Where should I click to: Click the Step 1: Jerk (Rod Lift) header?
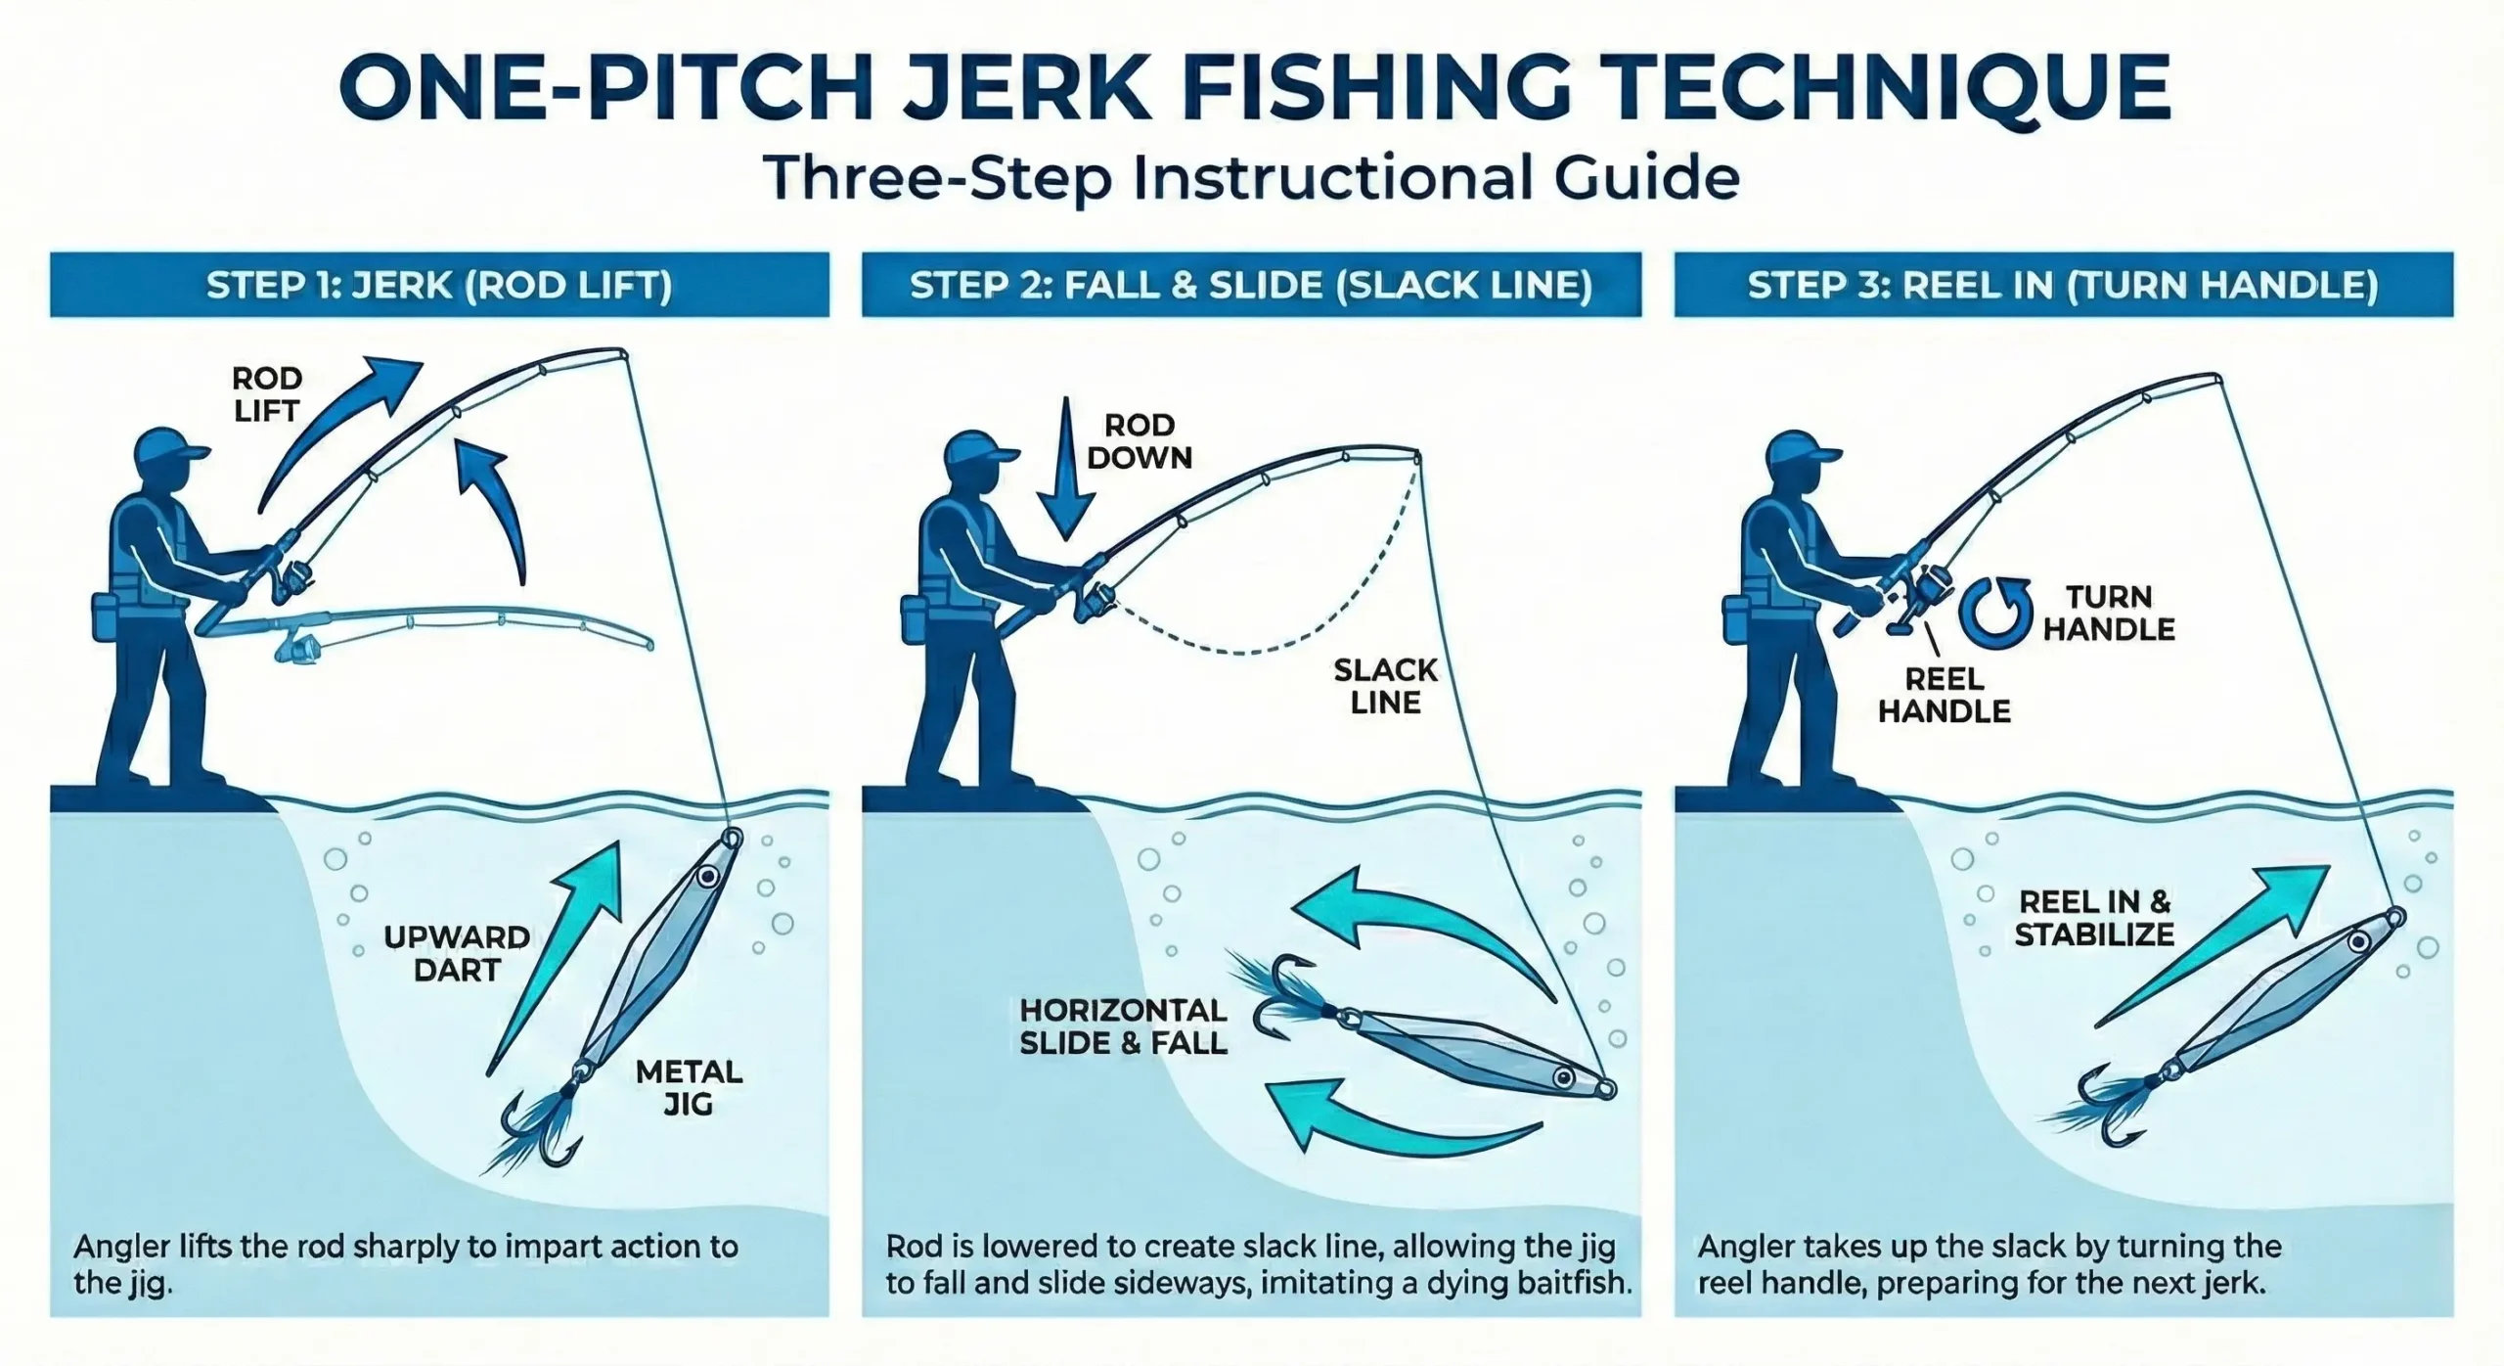(x=439, y=285)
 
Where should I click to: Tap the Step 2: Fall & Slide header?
(x=1251, y=285)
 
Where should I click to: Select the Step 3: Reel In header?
(x=2063, y=285)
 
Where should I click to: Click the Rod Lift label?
(x=266, y=394)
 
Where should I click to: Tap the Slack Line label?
(x=1385, y=686)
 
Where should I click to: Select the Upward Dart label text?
(x=457, y=953)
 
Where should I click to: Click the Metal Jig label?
(x=689, y=1087)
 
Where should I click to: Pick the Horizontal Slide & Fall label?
(x=1123, y=1026)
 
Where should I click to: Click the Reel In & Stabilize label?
(x=2094, y=918)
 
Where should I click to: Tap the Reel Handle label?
(x=1944, y=695)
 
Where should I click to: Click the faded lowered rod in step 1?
(x=469, y=626)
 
